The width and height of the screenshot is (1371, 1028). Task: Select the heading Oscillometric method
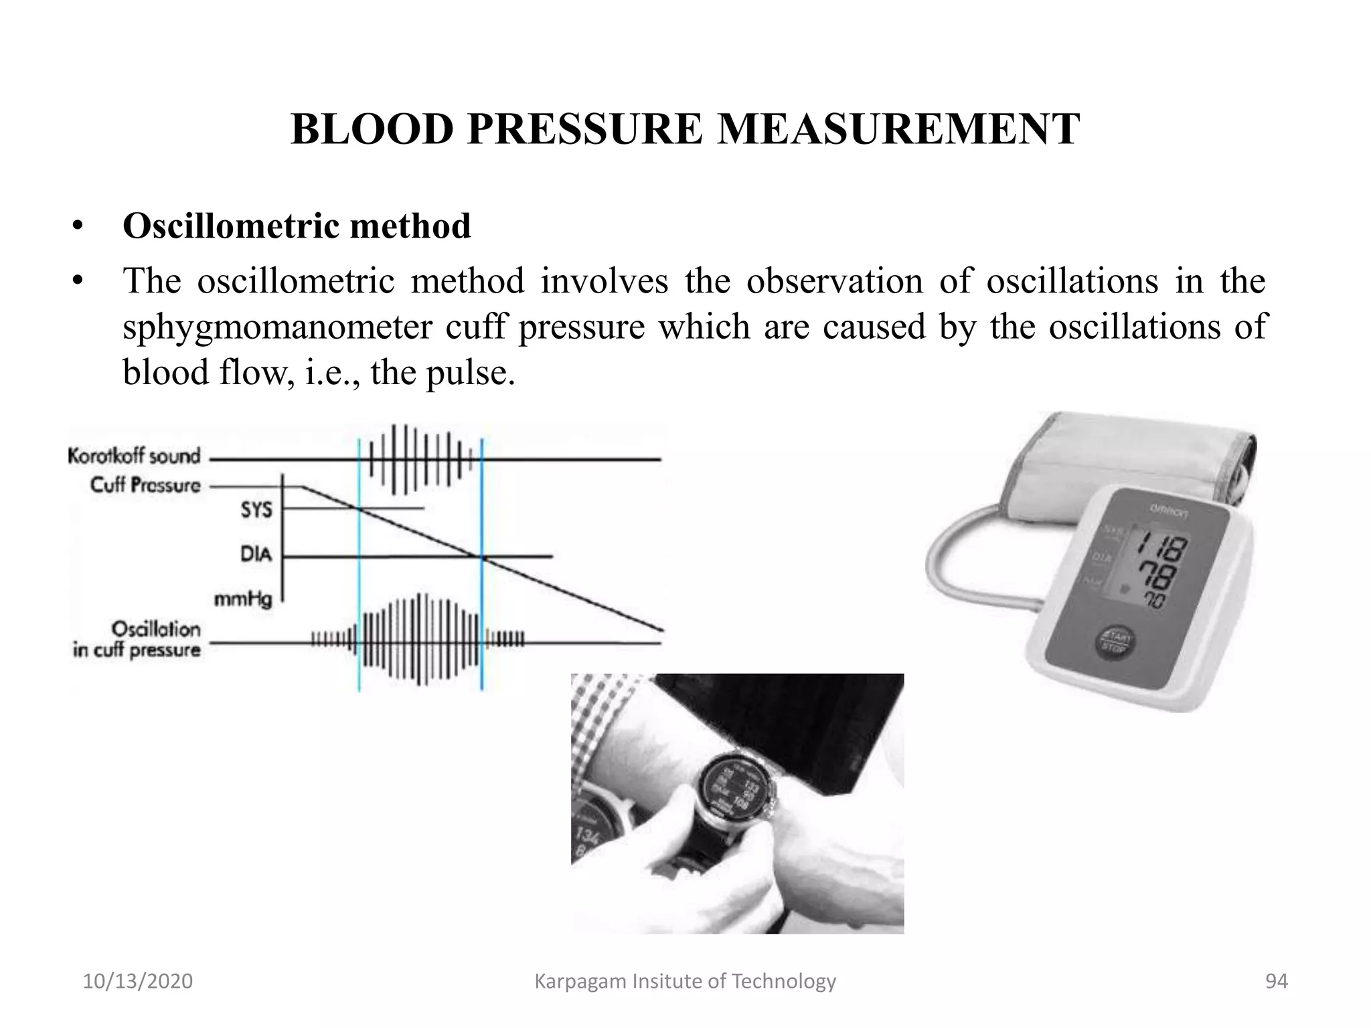pos(297,226)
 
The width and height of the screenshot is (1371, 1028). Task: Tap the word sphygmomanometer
pos(276,327)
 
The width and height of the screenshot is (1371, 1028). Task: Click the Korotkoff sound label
pos(134,456)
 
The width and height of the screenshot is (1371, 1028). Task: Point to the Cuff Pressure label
pos(145,485)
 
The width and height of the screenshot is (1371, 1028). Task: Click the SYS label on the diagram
pos(256,511)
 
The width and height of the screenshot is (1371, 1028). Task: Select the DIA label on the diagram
pos(256,555)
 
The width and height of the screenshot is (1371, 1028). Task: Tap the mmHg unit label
pos(243,599)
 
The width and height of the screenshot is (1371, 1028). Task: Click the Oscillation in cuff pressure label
pos(137,640)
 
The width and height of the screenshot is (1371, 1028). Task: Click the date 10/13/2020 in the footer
pos(137,981)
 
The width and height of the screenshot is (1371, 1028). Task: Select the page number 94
pos(1276,981)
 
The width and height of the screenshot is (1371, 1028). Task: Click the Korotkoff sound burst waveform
pos(418,459)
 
